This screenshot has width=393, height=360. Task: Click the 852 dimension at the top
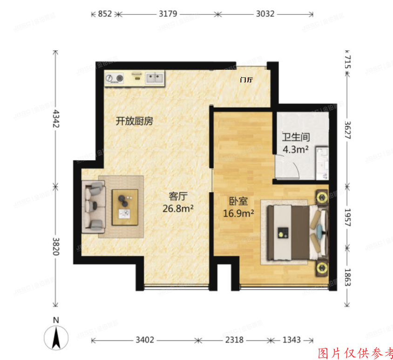(x=105, y=14)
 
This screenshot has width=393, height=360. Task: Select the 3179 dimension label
(x=168, y=14)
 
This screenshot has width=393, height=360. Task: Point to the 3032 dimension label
(x=265, y=14)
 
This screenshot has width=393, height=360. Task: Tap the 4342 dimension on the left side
(x=56, y=119)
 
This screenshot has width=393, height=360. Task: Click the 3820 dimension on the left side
(x=56, y=246)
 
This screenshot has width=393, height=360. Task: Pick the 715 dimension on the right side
(x=346, y=62)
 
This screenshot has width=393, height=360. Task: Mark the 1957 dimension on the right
(x=346, y=217)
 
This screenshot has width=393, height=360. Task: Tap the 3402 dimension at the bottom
(x=144, y=340)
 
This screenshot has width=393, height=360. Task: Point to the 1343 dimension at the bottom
(x=291, y=340)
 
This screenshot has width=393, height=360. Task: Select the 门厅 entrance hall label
(x=246, y=80)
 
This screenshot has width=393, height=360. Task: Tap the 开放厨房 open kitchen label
(x=134, y=122)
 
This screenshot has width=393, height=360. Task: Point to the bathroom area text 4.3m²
(x=296, y=149)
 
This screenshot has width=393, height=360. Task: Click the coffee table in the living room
(x=125, y=207)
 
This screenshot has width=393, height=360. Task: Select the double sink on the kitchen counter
(x=155, y=78)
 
